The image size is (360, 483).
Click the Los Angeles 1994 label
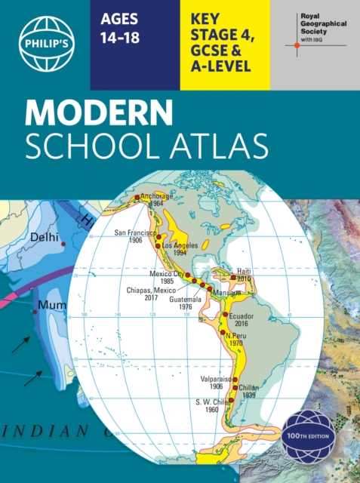(180, 250)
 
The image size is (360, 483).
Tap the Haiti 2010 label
(244, 274)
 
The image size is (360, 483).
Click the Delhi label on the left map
(43, 237)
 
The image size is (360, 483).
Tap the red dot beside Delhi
(63, 245)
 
